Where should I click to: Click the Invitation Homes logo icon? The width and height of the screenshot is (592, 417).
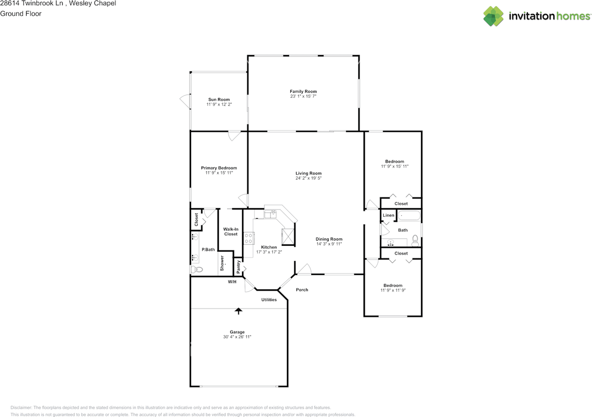493,16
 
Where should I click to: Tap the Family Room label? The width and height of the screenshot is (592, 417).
303,92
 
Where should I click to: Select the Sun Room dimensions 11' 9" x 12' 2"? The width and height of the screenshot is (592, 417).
219,105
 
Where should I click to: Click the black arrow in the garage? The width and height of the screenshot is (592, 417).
239,311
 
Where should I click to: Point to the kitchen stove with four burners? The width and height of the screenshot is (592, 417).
248,238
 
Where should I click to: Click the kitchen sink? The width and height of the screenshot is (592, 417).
271,214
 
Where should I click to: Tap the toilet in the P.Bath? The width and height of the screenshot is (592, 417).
196,269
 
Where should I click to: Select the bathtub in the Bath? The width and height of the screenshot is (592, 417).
409,215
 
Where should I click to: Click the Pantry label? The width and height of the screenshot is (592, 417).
239,267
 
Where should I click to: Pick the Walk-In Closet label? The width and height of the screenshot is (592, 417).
230,231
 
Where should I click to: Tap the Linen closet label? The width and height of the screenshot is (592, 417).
388,215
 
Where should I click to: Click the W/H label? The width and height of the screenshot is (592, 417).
232,282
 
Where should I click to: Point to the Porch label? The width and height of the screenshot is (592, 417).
302,290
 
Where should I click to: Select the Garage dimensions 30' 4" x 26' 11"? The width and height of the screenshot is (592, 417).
237,337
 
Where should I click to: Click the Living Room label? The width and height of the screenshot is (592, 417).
308,173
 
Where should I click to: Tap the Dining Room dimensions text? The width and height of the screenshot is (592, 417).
329,244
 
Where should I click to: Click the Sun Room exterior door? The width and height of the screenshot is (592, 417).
185,100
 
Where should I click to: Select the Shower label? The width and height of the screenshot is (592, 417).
222,264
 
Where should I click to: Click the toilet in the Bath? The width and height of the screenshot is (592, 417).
415,240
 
